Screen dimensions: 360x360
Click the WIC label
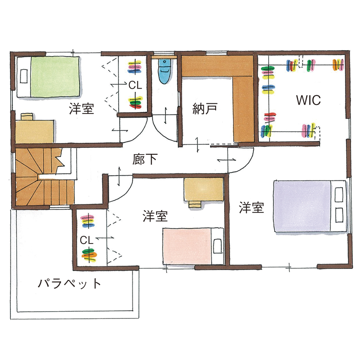(308, 101)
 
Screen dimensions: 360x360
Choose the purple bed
(304, 207)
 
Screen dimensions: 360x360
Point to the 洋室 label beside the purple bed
(251, 208)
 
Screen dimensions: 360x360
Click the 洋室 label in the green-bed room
(81, 109)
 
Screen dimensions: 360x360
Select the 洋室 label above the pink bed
(155, 216)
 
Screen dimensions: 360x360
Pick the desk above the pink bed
(203, 189)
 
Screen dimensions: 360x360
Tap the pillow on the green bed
(24, 77)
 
